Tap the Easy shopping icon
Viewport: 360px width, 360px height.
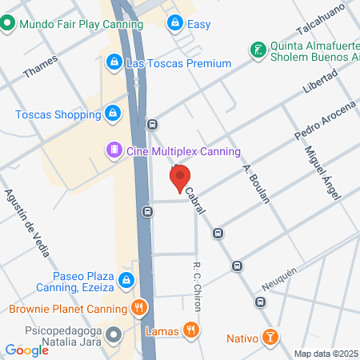tap(174, 24)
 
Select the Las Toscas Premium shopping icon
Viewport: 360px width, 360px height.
tap(114, 62)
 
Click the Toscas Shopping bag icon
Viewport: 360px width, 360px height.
tap(113, 114)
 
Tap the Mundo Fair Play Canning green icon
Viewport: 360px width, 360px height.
tap(7, 24)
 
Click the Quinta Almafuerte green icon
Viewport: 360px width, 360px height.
tap(257, 50)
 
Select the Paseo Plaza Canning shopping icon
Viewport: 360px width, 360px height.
tap(126, 280)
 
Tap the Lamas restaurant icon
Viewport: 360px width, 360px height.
tap(190, 329)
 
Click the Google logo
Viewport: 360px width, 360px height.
tap(26, 350)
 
